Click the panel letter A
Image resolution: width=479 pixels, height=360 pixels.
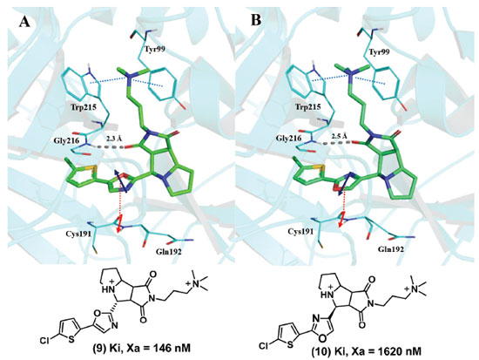(24, 22)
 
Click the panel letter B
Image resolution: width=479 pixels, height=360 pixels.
(256, 21)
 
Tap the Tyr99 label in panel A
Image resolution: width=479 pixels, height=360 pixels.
(152, 49)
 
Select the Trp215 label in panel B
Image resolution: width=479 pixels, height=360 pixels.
(308, 106)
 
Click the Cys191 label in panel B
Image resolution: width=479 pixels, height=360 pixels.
(300, 232)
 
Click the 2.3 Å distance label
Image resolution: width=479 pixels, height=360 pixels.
(114, 139)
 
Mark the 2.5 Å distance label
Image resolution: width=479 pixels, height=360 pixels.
(339, 136)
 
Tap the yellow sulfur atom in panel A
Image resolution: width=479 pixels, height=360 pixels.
(93, 170)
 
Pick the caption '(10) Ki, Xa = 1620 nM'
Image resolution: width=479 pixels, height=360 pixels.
(367, 352)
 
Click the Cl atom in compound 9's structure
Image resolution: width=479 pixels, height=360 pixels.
(45, 339)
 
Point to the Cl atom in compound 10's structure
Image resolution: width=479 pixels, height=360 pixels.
(264, 346)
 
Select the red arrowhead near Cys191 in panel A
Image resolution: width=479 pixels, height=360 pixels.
(118, 230)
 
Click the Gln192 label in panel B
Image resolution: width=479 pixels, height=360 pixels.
(391, 249)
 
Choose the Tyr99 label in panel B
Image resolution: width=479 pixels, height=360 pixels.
(379, 52)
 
